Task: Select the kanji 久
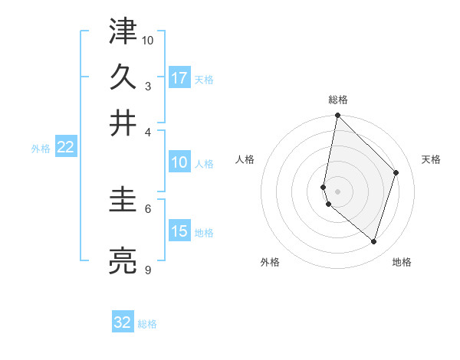[123, 77]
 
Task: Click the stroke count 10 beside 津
[148, 39]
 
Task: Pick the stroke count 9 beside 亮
[147, 270]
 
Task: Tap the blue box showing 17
[179, 78]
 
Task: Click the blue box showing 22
[65, 147]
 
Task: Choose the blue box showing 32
[123, 322]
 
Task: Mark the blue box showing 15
[179, 231]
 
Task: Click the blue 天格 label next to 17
[204, 79]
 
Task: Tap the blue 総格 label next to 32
[147, 324]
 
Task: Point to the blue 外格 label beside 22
[41, 149]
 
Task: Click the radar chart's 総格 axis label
[337, 100]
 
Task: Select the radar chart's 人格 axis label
[245, 159]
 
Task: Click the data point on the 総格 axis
[337, 116]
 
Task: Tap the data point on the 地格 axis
[373, 242]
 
